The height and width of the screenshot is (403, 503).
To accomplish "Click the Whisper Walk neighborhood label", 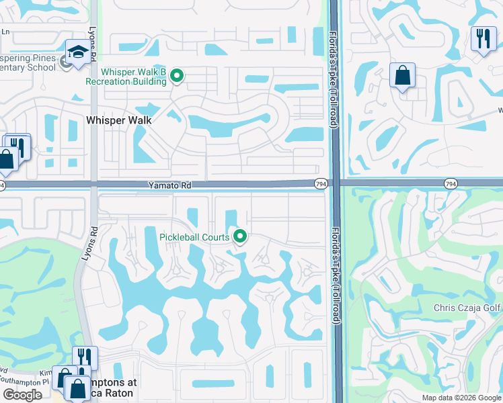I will coord(119,120).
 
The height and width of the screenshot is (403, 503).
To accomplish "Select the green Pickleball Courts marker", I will coord(239,236).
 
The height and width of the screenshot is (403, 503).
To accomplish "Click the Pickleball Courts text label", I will coord(194,236).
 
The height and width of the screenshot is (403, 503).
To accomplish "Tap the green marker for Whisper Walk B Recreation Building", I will coord(177,76).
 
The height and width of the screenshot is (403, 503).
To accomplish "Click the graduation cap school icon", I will coord(77,53).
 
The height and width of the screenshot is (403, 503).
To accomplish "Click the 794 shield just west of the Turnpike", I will coord(321,183).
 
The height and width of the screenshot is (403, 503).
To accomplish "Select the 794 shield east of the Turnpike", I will coord(451,183).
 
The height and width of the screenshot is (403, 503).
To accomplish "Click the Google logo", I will coord(22,395).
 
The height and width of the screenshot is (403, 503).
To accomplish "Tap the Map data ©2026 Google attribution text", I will coord(461,398).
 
